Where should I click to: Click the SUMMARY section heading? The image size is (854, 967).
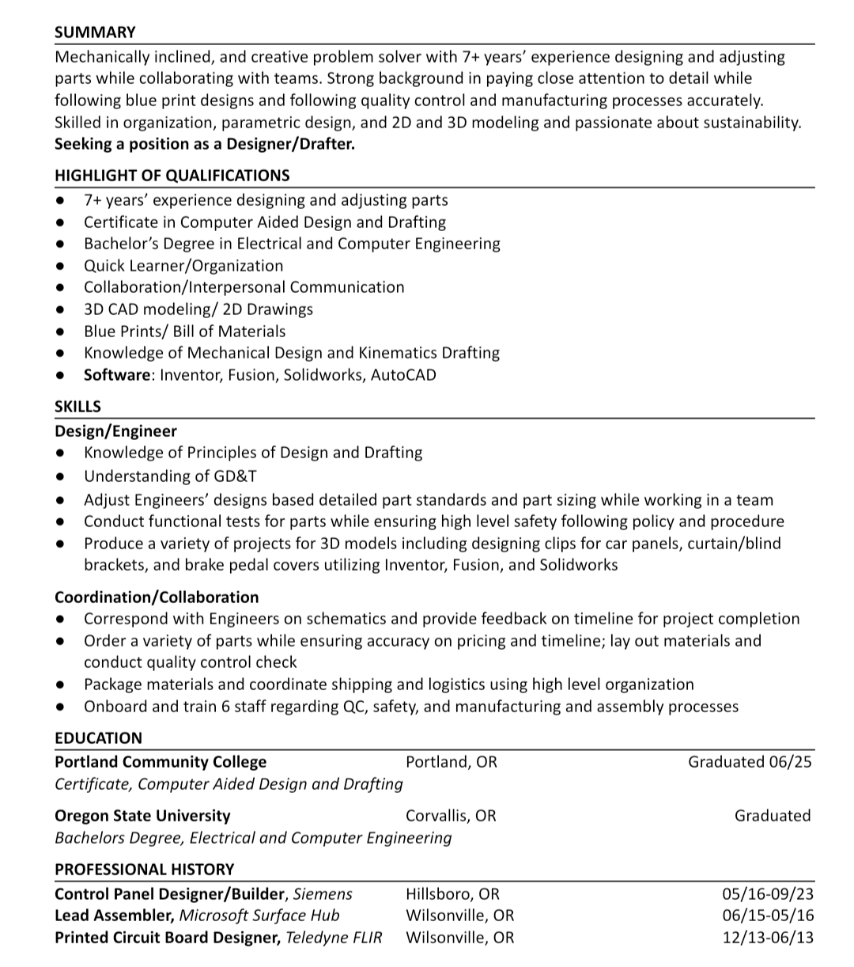[x=95, y=32]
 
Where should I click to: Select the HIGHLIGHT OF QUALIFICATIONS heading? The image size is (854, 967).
[x=172, y=176]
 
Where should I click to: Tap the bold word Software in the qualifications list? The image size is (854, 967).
[x=116, y=374]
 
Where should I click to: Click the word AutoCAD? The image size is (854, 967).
[x=403, y=374]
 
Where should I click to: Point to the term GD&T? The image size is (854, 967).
[x=235, y=476]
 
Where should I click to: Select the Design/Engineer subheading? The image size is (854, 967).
[x=115, y=431]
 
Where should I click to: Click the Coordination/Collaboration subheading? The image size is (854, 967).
[x=157, y=597]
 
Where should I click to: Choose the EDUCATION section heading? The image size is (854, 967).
[x=98, y=738]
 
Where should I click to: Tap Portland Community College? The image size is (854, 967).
[x=161, y=762]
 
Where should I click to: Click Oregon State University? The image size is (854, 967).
[x=142, y=815]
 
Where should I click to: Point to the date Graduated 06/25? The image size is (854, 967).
[x=749, y=762]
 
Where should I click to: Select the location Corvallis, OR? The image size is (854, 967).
[x=451, y=815]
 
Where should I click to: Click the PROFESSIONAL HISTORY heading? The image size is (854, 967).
[x=144, y=869]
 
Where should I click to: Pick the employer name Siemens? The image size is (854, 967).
[x=323, y=894]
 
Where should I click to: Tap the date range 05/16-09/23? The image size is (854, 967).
[x=767, y=894]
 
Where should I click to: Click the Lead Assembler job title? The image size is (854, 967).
[x=114, y=916]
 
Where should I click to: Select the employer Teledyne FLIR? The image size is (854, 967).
[x=334, y=938]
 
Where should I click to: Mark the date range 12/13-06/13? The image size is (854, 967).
[x=767, y=938]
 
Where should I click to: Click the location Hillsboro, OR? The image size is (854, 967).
[x=452, y=894]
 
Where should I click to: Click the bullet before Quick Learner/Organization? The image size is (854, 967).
[x=61, y=266]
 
